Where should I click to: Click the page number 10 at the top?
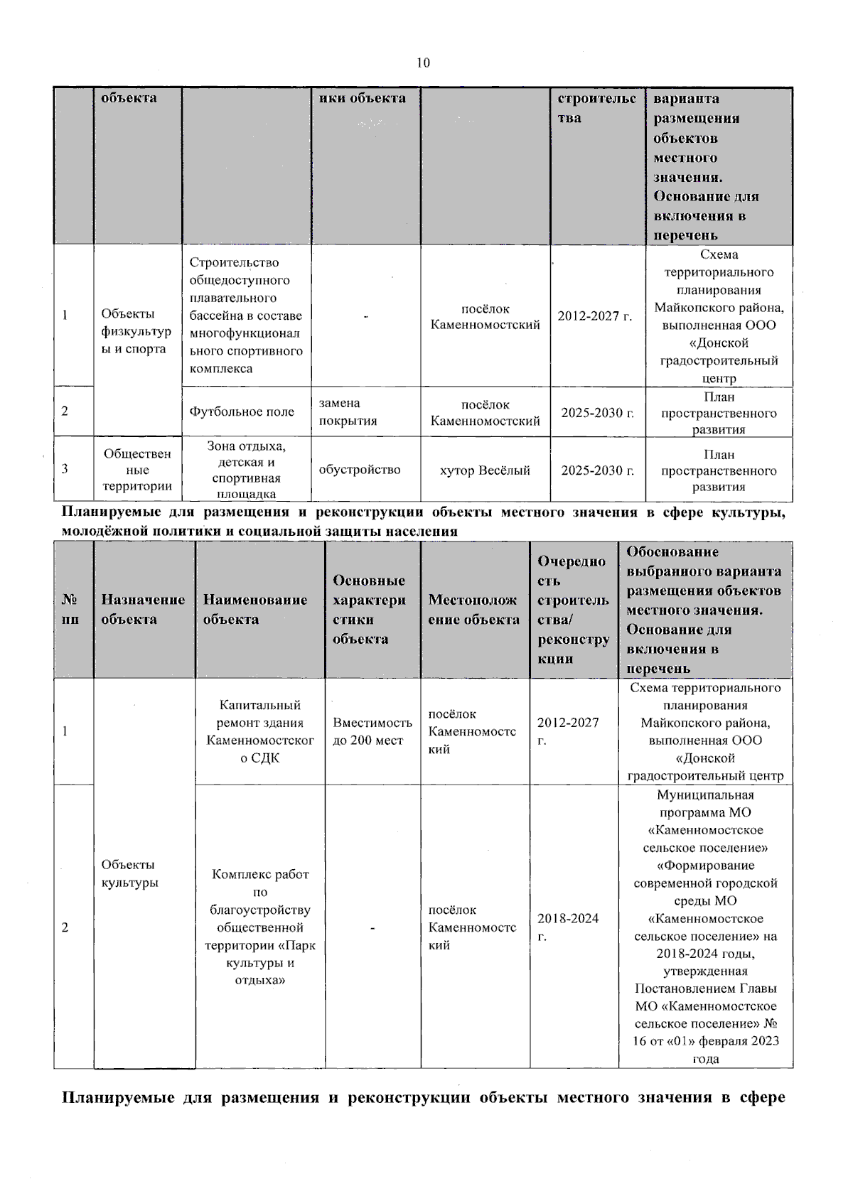[x=423, y=63]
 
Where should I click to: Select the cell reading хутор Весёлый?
[x=485, y=470]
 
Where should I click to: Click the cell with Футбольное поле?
[x=242, y=412]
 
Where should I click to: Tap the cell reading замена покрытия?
[x=348, y=412]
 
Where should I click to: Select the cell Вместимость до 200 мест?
[x=372, y=731]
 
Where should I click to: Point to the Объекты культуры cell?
[x=129, y=873]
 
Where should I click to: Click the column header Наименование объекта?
[x=255, y=609]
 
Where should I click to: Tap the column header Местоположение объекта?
[x=474, y=609]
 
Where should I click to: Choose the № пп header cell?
[x=70, y=609]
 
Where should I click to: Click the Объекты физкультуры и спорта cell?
[x=136, y=331]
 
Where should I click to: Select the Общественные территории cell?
[x=137, y=470]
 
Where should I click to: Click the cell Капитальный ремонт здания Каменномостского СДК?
[x=259, y=731]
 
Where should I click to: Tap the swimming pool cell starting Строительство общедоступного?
[x=245, y=316]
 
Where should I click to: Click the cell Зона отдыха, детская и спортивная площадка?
[x=246, y=470]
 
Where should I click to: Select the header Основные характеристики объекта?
[x=370, y=609]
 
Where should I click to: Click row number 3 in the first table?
[x=65, y=469]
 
